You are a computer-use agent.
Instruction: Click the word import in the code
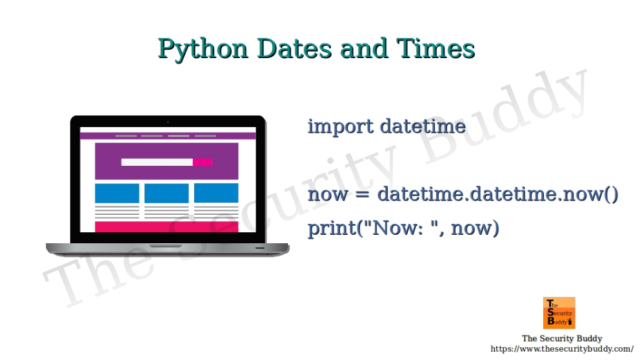click(340, 126)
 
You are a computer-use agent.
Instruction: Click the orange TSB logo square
click(559, 313)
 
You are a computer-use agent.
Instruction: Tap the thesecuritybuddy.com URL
click(562, 348)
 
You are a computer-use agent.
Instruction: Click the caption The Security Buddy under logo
click(562, 338)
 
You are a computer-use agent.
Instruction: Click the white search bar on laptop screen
click(157, 162)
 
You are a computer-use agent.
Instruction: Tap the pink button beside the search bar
click(203, 162)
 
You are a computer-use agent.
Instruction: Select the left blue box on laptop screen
click(117, 193)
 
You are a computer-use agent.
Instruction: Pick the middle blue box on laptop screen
click(166, 193)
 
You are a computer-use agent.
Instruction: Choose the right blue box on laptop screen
click(216, 193)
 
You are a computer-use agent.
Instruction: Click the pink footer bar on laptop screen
click(166, 226)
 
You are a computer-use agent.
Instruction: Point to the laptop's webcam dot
click(168, 121)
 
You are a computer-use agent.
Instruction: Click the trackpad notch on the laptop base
click(167, 246)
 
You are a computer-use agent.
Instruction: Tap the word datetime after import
click(423, 126)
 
